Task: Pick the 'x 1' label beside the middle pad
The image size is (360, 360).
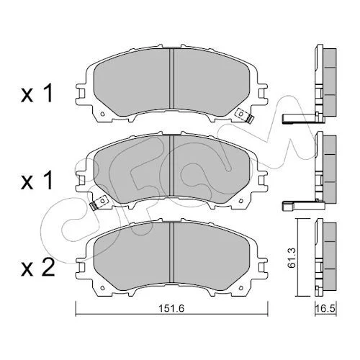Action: click(37, 181)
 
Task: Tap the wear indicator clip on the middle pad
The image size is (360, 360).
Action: click(98, 203)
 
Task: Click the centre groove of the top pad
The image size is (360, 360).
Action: click(171, 78)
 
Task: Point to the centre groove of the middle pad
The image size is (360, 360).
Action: click(171, 166)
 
